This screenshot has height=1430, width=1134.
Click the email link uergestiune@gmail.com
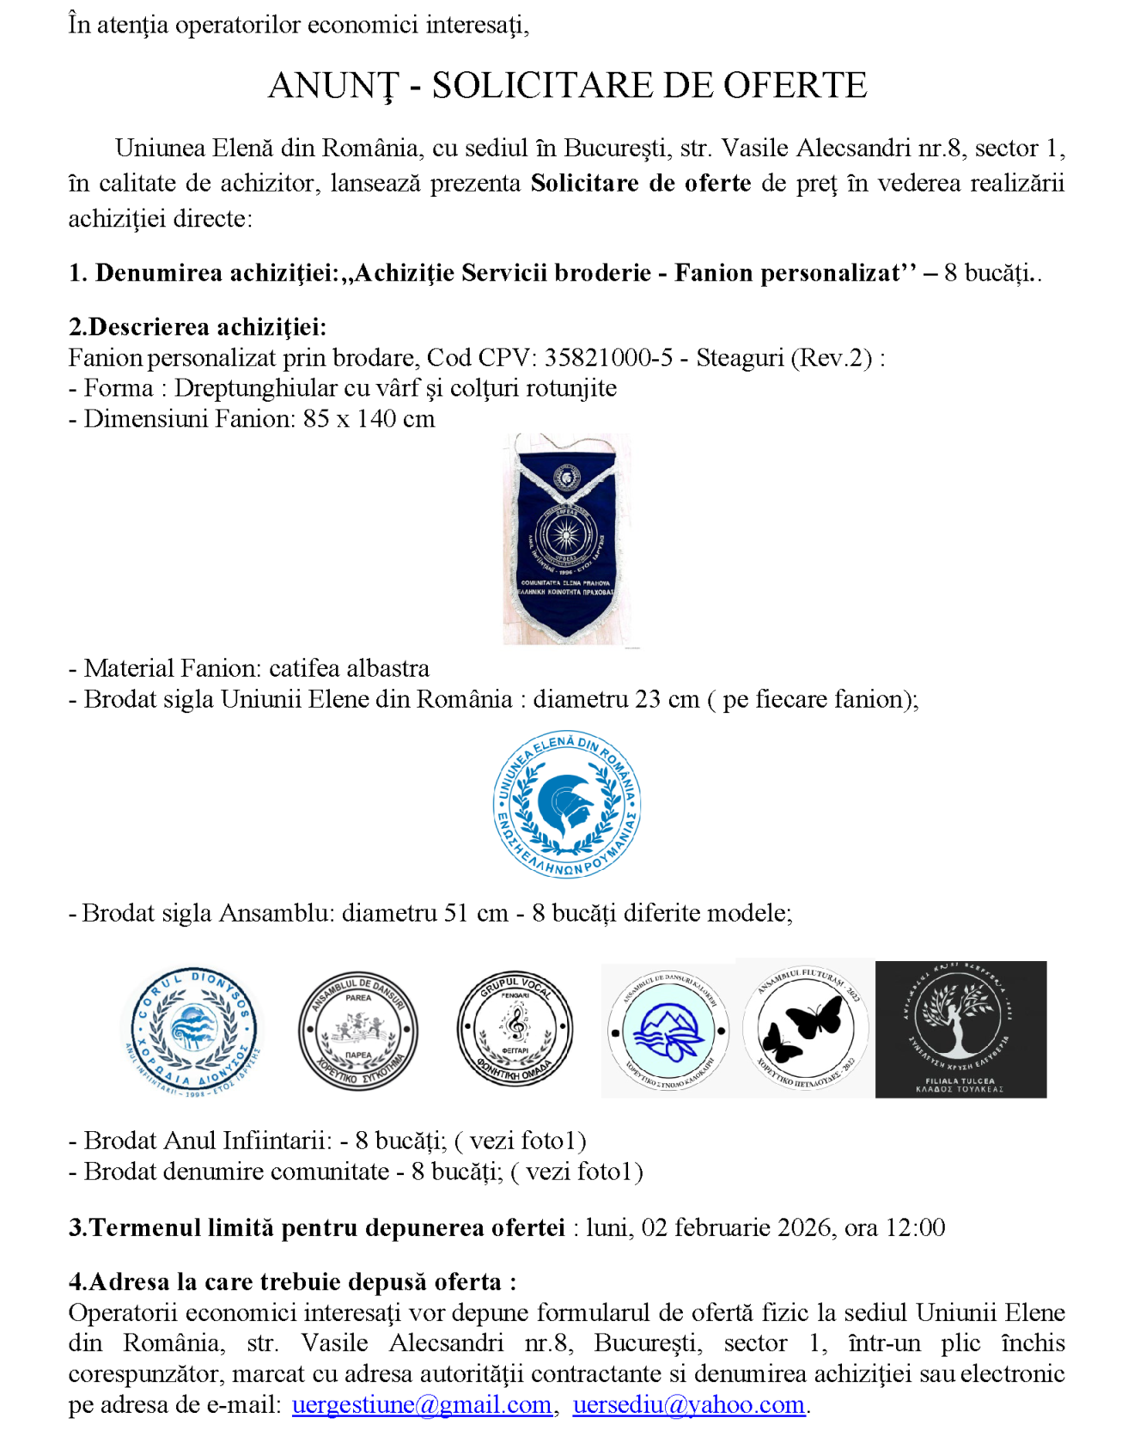[x=421, y=1404]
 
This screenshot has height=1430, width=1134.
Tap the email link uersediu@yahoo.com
[x=688, y=1404]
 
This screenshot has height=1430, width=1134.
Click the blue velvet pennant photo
[x=566, y=539]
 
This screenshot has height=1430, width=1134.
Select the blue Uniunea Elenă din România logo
[x=566, y=805]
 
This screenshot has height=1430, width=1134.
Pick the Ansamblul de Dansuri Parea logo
[x=358, y=1031]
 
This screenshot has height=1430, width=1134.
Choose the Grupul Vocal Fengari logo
[x=515, y=1029]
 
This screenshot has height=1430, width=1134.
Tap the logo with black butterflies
[x=804, y=1029]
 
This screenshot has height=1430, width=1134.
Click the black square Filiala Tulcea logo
[x=960, y=1029]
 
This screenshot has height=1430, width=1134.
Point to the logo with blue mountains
[x=668, y=1031]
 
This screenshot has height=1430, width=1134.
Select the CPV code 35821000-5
[x=608, y=357]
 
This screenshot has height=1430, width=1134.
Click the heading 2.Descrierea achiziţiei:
[x=198, y=326]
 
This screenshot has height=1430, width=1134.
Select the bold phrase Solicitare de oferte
[x=640, y=183]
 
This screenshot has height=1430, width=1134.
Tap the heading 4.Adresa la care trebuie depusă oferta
[x=292, y=1281]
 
